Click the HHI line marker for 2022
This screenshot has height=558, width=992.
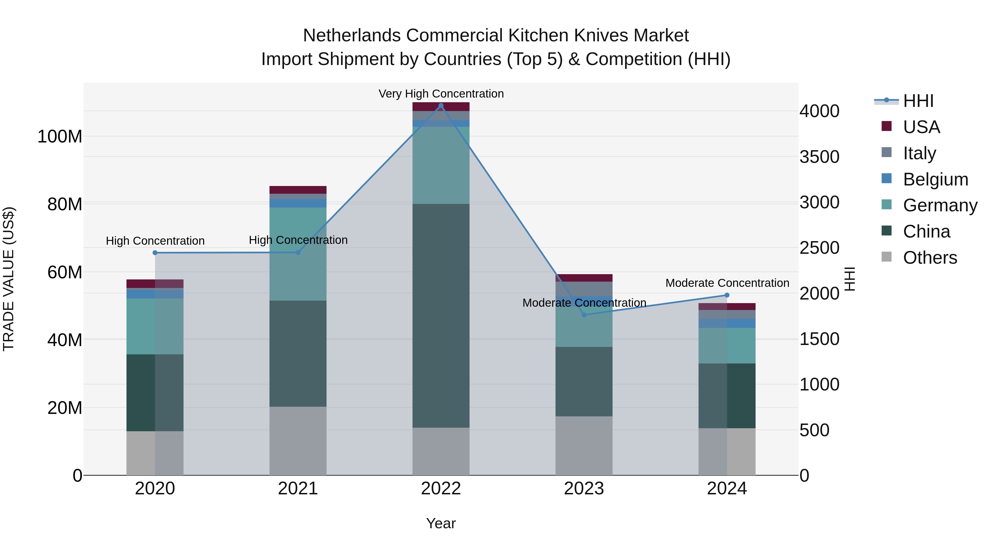[x=441, y=106]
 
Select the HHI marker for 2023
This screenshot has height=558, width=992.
[x=584, y=315]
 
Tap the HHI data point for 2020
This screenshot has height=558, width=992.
[x=155, y=253]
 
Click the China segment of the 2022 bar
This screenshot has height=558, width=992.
[x=441, y=316]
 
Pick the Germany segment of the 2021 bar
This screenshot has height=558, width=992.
[x=298, y=254]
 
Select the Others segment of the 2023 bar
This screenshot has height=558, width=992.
[x=584, y=446]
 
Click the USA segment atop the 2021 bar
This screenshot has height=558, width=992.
[x=298, y=190]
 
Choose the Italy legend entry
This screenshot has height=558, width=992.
[x=919, y=153]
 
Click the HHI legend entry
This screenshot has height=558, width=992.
[x=918, y=101]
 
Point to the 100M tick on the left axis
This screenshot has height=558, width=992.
[x=60, y=137]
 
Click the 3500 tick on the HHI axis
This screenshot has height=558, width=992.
[x=819, y=157]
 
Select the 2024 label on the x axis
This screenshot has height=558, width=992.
[x=727, y=489]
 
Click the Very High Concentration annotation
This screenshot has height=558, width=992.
[x=441, y=94]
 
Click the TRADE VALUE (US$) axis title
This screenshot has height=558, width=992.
[x=9, y=279]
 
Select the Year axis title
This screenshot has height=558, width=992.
[x=441, y=523]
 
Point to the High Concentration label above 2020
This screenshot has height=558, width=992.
[x=155, y=241]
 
